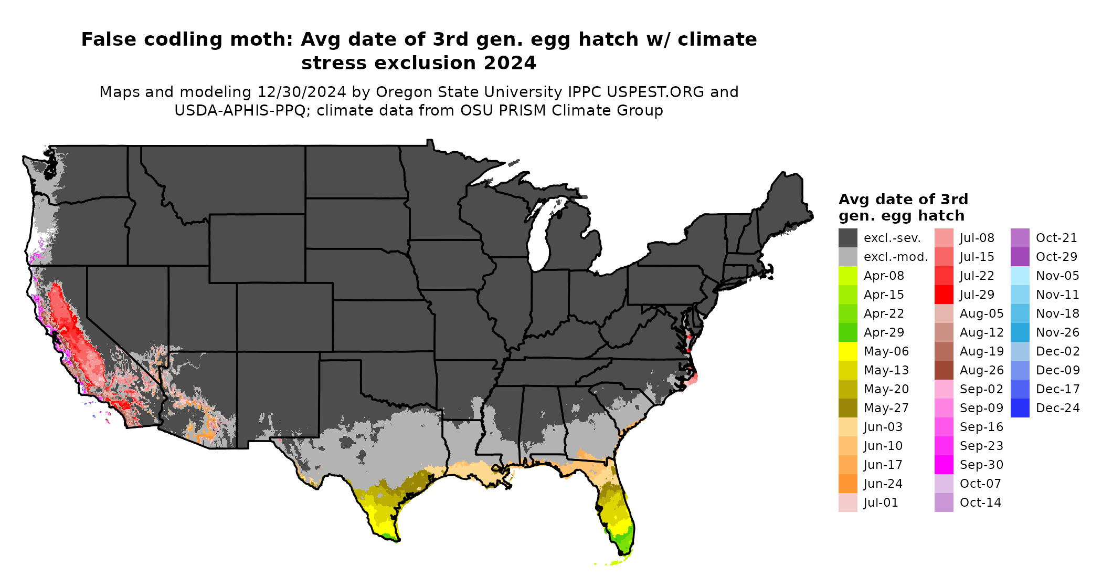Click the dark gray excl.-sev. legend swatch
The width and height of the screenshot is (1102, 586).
pos(847,238)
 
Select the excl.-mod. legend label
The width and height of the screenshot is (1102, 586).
pos(896,257)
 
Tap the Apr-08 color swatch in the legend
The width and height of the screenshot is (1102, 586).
pos(847,276)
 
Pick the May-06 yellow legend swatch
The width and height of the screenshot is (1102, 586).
pos(847,351)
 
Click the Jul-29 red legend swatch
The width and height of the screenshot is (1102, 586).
pos(944,295)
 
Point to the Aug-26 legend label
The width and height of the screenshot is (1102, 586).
pos(981,370)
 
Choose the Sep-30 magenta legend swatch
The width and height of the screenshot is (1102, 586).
pos(944,465)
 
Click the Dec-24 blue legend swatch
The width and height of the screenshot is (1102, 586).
pos(1020,408)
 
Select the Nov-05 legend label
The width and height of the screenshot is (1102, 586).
pos(1057,276)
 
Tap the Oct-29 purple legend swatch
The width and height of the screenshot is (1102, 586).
pos(1020,257)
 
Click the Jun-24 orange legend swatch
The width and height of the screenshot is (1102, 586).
pos(847,484)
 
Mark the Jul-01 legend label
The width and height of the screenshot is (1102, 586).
pos(881,503)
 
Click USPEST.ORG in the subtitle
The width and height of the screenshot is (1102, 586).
pos(655,92)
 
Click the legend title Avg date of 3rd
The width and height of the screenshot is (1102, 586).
pos(903,200)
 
